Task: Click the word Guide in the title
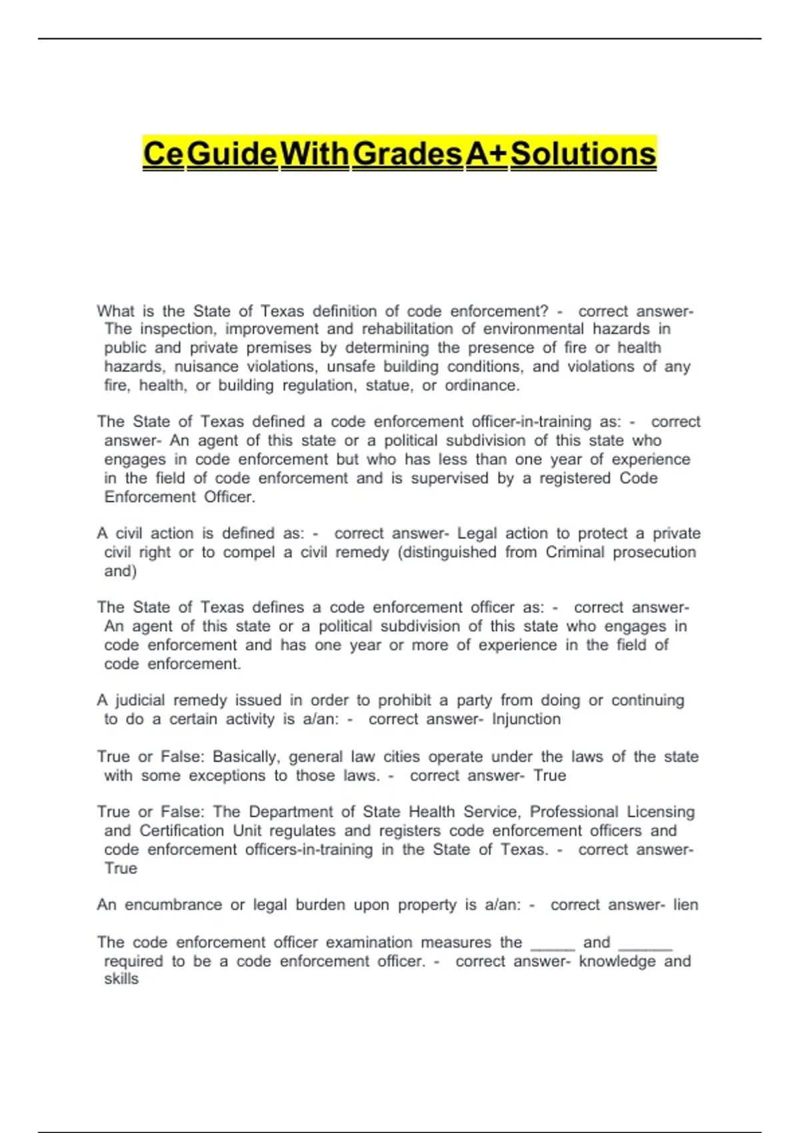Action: coord(232,154)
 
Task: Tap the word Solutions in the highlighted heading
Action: coord(583,154)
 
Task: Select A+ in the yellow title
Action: coord(486,154)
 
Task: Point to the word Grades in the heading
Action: coord(407,154)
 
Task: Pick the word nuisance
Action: coord(206,367)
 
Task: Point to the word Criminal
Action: coord(575,553)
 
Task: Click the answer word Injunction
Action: coord(526,719)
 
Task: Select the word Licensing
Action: coord(661,812)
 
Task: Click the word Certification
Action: coord(181,831)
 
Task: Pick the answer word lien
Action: coord(685,905)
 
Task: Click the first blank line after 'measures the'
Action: coord(552,946)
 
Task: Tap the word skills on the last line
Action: coord(121,979)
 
